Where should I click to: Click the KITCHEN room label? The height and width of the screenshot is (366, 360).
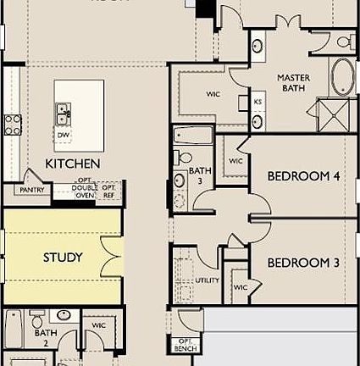[x=73, y=163]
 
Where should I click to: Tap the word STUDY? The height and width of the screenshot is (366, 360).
[x=63, y=257]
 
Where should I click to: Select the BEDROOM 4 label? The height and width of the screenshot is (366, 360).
[x=303, y=177]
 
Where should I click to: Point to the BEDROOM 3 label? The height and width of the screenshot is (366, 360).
[x=303, y=263]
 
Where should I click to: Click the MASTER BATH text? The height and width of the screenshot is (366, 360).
[x=292, y=83]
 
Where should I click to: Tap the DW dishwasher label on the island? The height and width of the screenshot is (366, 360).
[x=63, y=135]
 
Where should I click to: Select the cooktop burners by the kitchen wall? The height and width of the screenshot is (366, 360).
[x=13, y=125]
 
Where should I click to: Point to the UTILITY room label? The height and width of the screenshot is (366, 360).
[x=207, y=280]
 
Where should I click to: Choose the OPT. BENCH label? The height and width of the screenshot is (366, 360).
[x=185, y=345]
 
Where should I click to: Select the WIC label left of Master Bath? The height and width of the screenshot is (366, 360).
[x=213, y=95]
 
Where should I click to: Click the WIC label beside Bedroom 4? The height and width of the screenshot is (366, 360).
[x=235, y=161]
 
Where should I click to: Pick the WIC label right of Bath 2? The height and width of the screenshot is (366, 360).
[x=99, y=324]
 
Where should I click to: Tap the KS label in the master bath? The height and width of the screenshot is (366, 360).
[x=258, y=103]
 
